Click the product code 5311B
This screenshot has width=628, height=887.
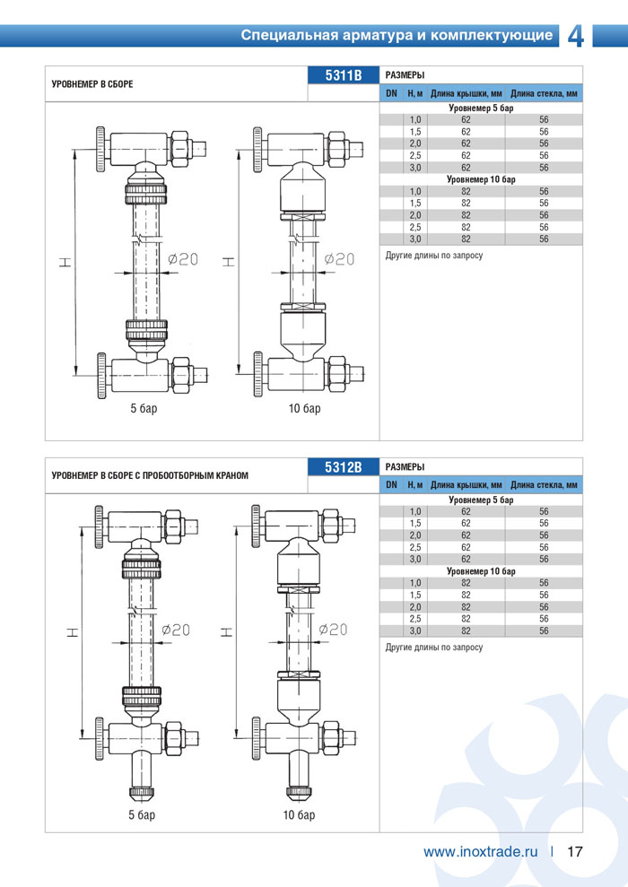tap(344, 75)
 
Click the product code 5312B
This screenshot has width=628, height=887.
tap(344, 467)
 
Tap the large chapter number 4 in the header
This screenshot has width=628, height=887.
tap(575, 37)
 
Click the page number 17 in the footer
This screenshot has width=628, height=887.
tap(575, 852)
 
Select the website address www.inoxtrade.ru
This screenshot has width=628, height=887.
tap(480, 852)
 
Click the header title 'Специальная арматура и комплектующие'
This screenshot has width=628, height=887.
tap(397, 35)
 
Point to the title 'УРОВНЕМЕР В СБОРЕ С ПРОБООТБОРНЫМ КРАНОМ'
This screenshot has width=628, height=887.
tap(150, 475)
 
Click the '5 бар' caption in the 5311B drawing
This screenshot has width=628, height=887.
tap(144, 408)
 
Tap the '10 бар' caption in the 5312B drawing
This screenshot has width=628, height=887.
tap(300, 814)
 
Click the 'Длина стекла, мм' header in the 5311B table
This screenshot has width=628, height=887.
tap(544, 93)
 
